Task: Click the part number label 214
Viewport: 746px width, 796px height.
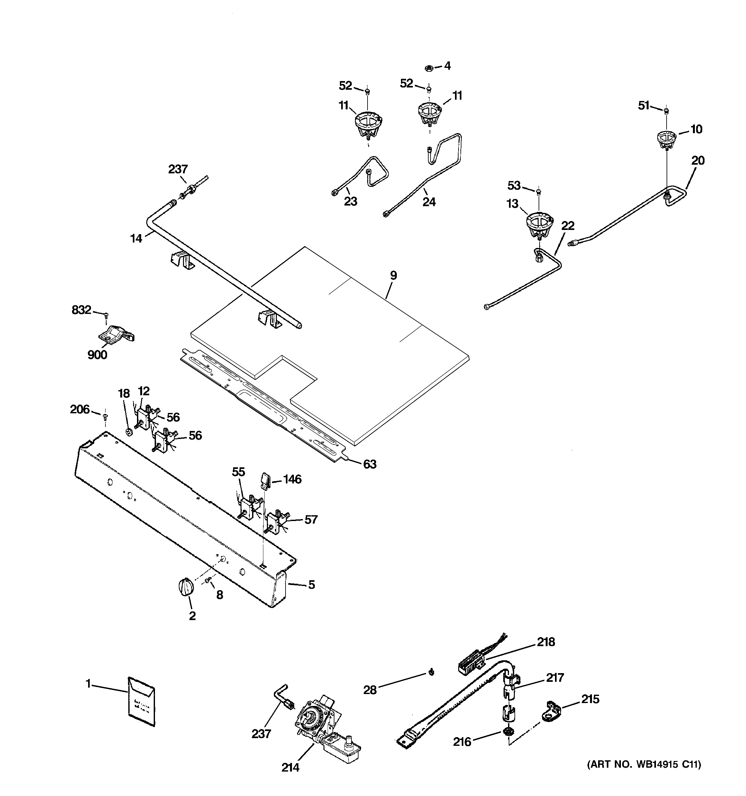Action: [x=290, y=767]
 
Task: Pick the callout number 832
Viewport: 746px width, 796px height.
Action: [x=81, y=310]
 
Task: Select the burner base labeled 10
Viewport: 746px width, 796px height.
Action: [x=667, y=140]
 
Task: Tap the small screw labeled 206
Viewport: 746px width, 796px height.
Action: [x=105, y=417]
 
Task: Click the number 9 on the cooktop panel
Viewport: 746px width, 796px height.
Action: [x=393, y=276]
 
